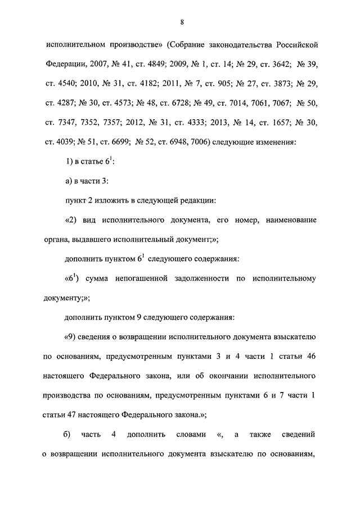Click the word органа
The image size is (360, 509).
(54, 238)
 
